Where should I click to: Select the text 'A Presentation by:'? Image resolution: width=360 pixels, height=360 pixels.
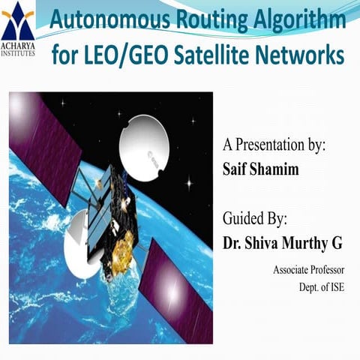(x=273, y=145)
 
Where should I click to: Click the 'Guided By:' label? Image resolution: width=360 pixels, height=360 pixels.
(x=255, y=220)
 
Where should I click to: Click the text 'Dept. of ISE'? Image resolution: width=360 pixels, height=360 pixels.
(x=321, y=286)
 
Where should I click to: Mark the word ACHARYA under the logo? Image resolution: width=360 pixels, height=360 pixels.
(x=19, y=43)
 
